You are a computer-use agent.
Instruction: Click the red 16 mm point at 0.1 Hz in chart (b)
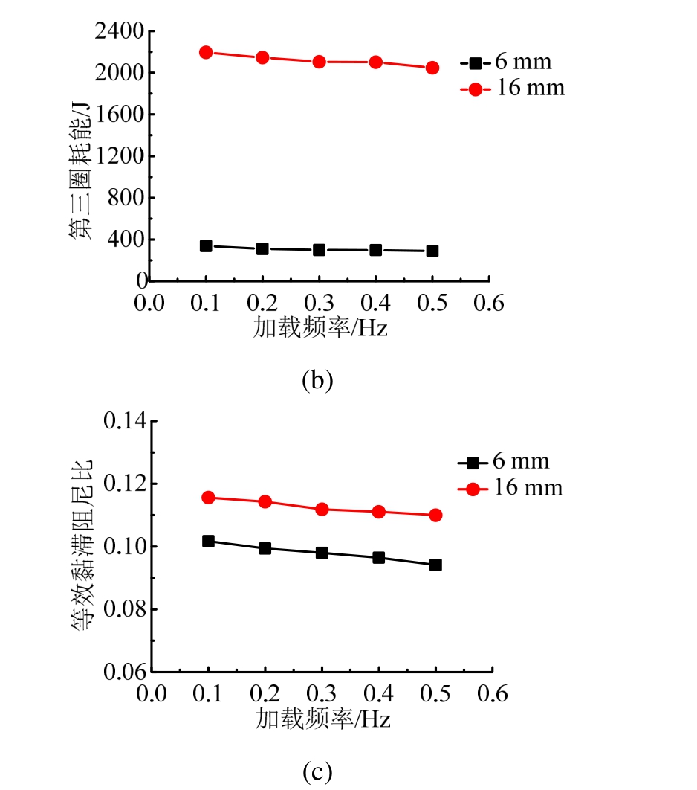206,52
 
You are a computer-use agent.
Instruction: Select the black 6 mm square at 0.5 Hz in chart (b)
432,251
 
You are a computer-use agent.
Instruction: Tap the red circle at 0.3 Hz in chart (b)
319,62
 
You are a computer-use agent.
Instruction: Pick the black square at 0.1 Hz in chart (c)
208,541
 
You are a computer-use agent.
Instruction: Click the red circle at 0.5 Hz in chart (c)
435,515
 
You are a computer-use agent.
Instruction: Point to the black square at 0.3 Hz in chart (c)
322,553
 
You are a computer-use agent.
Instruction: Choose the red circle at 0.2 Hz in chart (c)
265,501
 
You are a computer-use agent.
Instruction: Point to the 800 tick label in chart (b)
126,198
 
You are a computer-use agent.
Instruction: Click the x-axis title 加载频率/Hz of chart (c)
322,719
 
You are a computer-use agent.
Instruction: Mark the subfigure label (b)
318,380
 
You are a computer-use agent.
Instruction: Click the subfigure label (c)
318,771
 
